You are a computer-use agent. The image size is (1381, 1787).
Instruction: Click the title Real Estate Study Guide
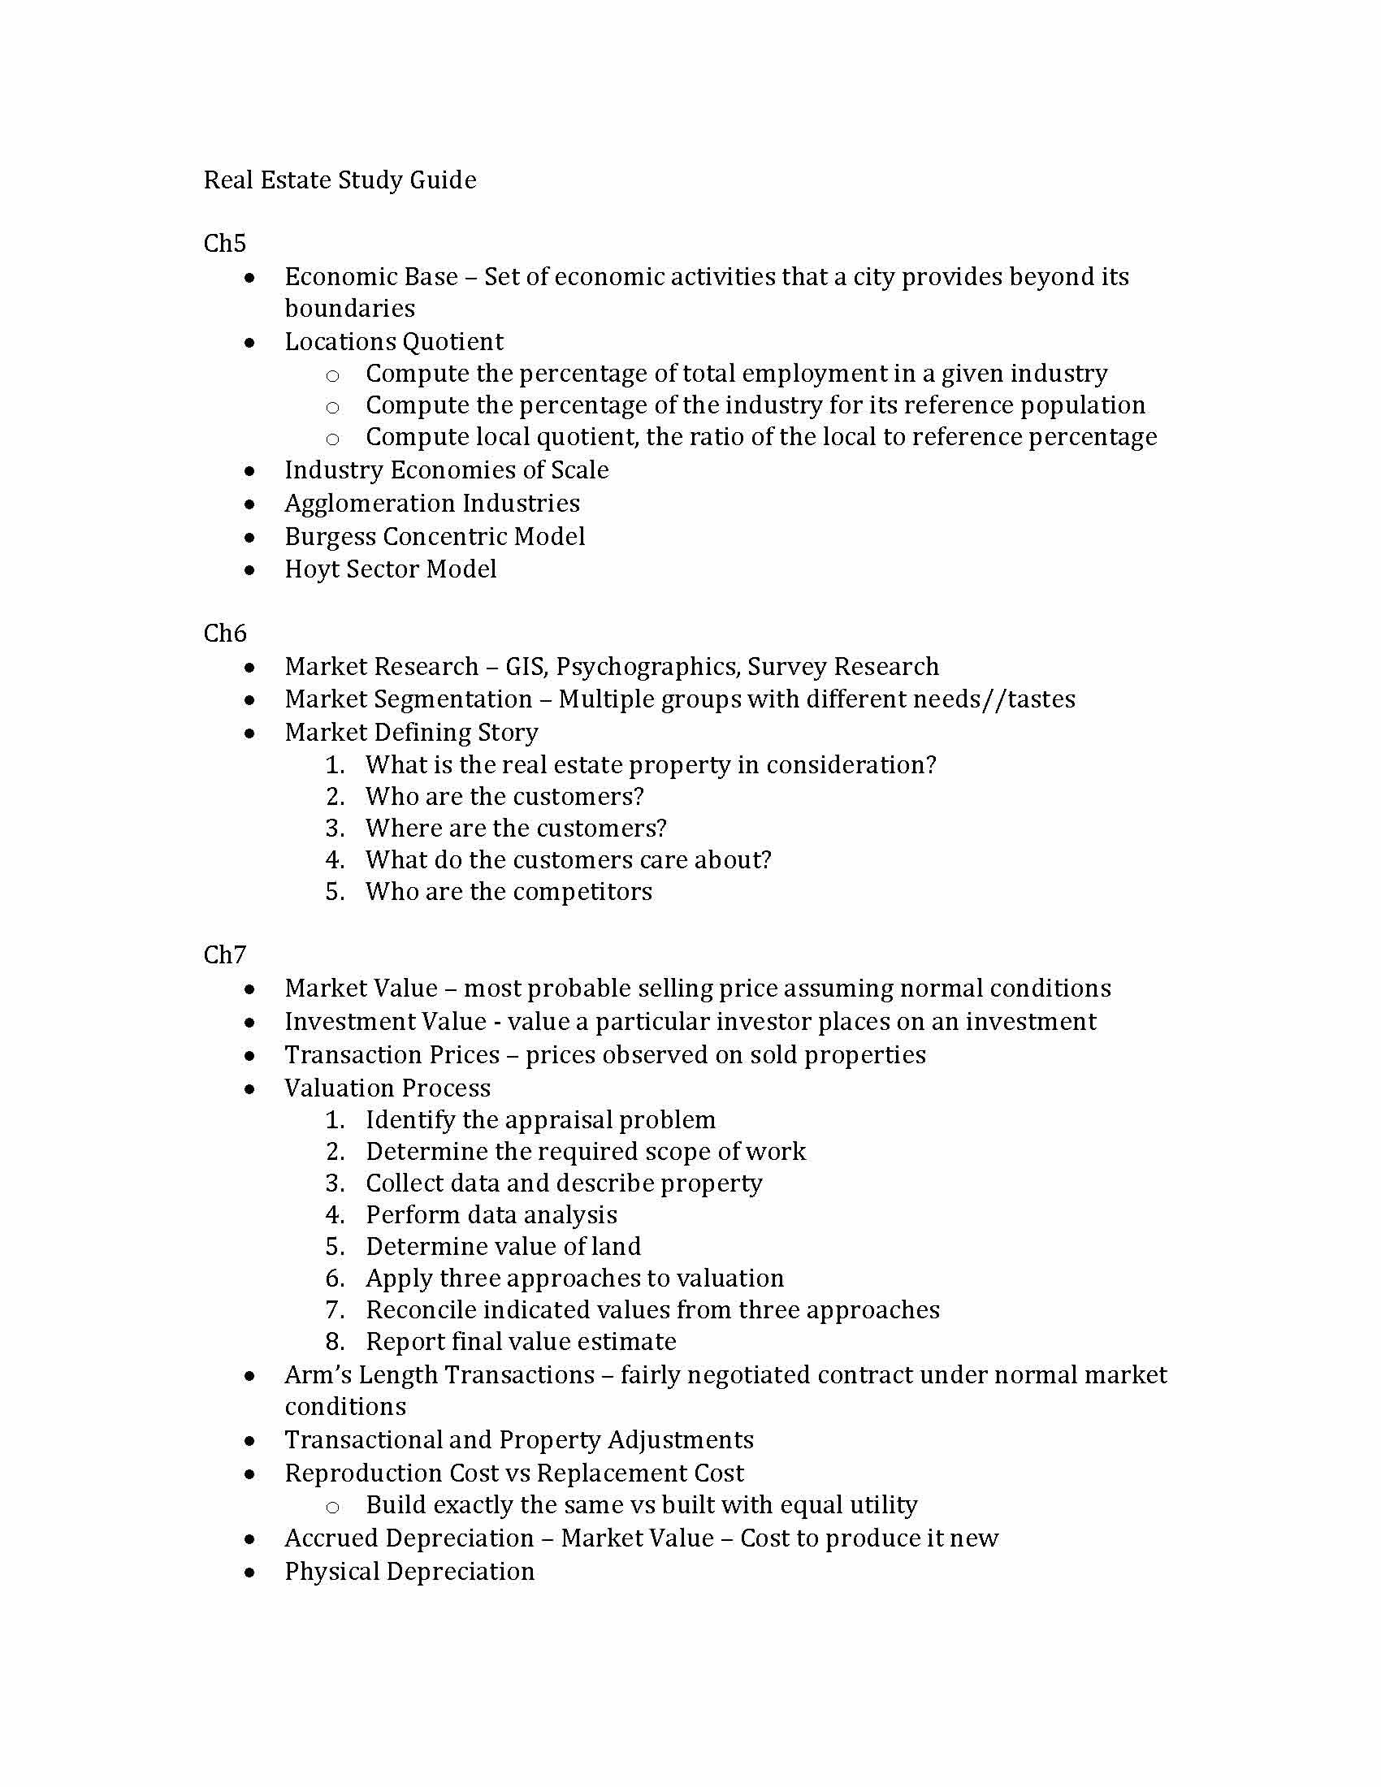pyautogui.click(x=340, y=180)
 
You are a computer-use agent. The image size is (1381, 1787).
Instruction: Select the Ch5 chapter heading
pyautogui.click(x=224, y=243)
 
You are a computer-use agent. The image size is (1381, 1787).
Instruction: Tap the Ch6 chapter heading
pyautogui.click(x=224, y=634)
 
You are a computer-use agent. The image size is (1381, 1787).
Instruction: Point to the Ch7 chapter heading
pyautogui.click(x=224, y=955)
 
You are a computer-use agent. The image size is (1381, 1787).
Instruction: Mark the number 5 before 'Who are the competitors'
pyautogui.click(x=334, y=892)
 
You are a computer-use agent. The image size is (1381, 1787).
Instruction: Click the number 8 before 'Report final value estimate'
pyautogui.click(x=334, y=1342)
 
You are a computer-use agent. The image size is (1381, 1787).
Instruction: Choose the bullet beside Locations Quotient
pyautogui.click(x=249, y=343)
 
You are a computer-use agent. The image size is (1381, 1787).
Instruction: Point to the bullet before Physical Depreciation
pyautogui.click(x=249, y=1573)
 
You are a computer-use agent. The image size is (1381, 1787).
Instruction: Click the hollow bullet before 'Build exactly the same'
pyautogui.click(x=332, y=1507)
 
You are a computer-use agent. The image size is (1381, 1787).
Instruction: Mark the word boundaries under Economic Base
pyautogui.click(x=349, y=309)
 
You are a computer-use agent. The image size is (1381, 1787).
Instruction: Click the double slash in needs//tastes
pyautogui.click(x=996, y=699)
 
